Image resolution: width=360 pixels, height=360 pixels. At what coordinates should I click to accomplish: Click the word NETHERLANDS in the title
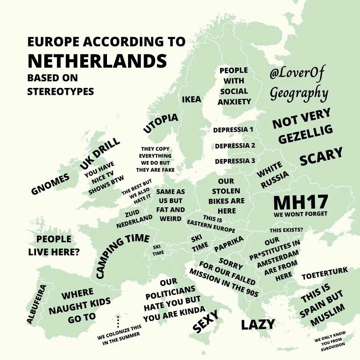tap(97, 61)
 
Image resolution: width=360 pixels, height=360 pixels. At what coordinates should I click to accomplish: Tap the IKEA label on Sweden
tap(191, 99)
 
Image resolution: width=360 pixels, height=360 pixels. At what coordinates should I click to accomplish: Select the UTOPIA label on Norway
tap(160, 123)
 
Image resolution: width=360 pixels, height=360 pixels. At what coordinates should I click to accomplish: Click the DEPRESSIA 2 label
tap(235, 146)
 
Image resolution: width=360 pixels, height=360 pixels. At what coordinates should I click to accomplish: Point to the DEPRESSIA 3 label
tap(235, 161)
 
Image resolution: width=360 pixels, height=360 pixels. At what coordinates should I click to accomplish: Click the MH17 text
tap(300, 202)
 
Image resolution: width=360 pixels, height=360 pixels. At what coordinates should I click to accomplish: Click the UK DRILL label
tap(100, 152)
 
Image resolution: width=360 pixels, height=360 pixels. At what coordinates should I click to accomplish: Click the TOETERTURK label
tap(324, 271)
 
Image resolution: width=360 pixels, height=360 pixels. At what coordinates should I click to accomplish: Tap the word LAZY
tap(258, 325)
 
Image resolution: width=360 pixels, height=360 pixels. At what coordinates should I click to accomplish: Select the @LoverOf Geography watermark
tap(298, 84)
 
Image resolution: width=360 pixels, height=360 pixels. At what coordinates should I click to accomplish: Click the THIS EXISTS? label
tap(293, 229)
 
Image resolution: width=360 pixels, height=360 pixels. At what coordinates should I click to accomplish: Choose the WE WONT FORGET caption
tap(300, 213)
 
